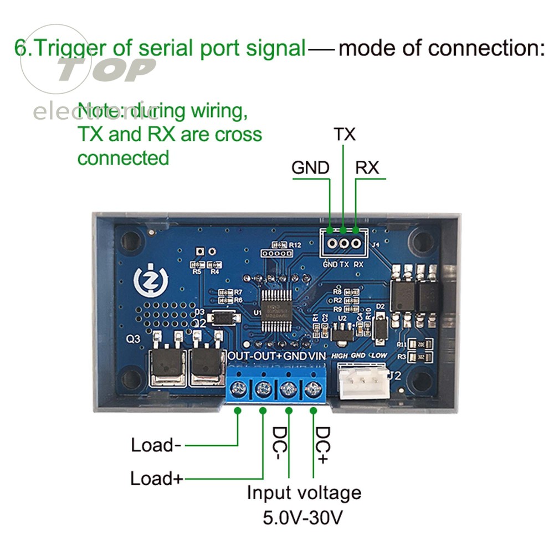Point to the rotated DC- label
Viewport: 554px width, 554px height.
click(x=281, y=445)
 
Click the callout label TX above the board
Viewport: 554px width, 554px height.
click(x=344, y=135)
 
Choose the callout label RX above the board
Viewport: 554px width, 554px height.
click(x=367, y=167)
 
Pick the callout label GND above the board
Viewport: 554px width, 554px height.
click(x=311, y=167)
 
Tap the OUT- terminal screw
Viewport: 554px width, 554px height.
click(x=239, y=388)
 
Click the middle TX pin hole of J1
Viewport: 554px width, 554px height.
click(x=343, y=242)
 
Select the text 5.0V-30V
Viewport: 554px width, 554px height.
click(x=302, y=518)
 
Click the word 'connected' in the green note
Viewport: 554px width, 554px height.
click(x=123, y=158)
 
